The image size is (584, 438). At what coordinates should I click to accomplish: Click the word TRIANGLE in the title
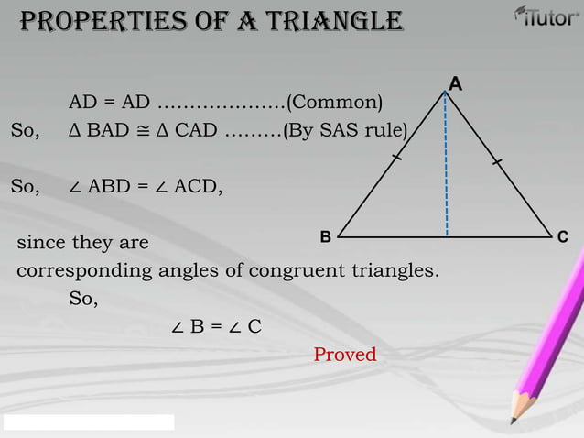[x=334, y=20]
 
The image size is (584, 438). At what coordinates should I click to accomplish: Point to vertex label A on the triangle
[x=455, y=85]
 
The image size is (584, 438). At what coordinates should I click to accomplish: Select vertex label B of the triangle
[x=325, y=237]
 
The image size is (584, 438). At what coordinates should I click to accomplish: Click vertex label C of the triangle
[x=563, y=238]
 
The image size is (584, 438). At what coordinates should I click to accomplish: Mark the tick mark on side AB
[x=395, y=159]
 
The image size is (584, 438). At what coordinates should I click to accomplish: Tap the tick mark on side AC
[x=496, y=162]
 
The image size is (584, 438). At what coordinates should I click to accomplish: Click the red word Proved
[x=345, y=355]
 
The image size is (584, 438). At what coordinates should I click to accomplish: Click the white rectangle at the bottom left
[x=88, y=422]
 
